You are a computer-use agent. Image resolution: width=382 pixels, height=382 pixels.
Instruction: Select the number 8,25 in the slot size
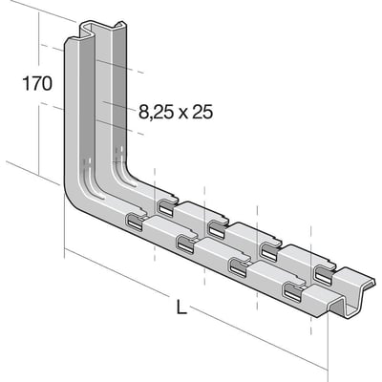(156, 112)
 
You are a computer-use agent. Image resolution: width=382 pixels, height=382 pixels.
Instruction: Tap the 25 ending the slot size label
(201, 112)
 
